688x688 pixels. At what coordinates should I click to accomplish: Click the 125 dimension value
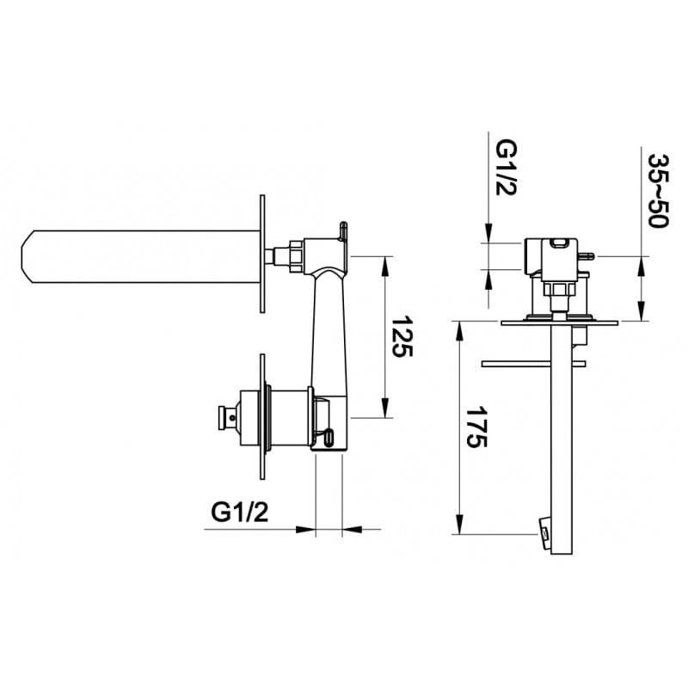tap(402, 336)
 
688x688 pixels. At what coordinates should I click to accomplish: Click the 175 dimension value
tap(477, 427)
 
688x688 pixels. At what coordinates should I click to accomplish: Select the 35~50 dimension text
tap(658, 190)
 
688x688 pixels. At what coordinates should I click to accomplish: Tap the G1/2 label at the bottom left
tap(240, 512)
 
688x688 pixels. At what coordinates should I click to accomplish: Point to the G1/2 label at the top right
tap(507, 168)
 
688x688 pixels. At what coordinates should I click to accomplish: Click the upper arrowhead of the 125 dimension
tap(385, 266)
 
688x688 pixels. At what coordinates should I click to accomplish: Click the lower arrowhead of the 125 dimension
tap(385, 408)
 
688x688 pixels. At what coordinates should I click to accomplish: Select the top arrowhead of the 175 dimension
tap(459, 331)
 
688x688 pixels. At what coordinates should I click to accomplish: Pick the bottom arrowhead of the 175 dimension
tap(459, 525)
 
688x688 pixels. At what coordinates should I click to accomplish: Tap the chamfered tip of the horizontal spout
tap(28, 256)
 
